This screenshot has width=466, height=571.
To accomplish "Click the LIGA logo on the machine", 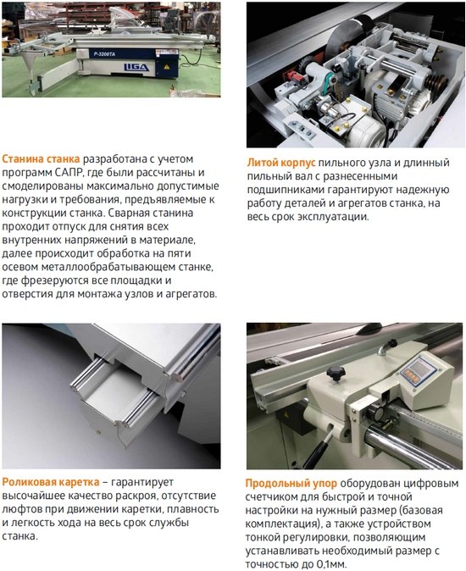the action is tap(136, 68).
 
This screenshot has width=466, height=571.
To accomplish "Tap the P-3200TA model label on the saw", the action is tap(104, 54).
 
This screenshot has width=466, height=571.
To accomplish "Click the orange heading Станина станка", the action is tap(41, 159).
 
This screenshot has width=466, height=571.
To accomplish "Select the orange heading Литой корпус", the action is tap(281, 163).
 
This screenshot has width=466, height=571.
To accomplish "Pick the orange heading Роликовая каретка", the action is tap(51, 482).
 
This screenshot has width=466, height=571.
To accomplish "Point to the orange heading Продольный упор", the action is tap(291, 484).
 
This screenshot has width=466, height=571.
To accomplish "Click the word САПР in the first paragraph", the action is tap(69, 173).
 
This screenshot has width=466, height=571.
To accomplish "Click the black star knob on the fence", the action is tap(335, 374).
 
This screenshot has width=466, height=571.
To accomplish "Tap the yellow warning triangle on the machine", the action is tap(167, 67).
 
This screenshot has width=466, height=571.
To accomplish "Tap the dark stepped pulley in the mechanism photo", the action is tap(436, 81).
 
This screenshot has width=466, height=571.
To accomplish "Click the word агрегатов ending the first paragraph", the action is tap(191, 294).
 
